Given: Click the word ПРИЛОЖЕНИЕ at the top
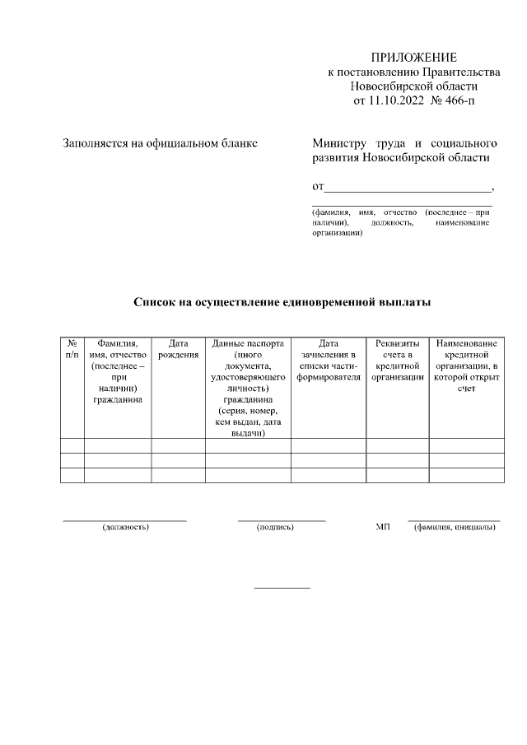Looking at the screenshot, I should (413, 57).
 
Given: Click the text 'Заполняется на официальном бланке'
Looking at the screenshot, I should (161, 143).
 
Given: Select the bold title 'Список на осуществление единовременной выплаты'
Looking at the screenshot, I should (282, 301).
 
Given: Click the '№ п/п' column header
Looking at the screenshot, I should (72, 349).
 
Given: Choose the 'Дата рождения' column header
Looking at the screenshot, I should (178, 349).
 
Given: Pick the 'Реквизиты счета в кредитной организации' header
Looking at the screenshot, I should (397, 360).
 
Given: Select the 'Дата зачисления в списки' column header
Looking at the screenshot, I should (328, 360).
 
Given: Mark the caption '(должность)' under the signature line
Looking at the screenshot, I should (125, 527).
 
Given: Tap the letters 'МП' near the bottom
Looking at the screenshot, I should (382, 527).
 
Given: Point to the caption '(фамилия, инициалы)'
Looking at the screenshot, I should (455, 527).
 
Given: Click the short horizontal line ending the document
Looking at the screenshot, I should (282, 588).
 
